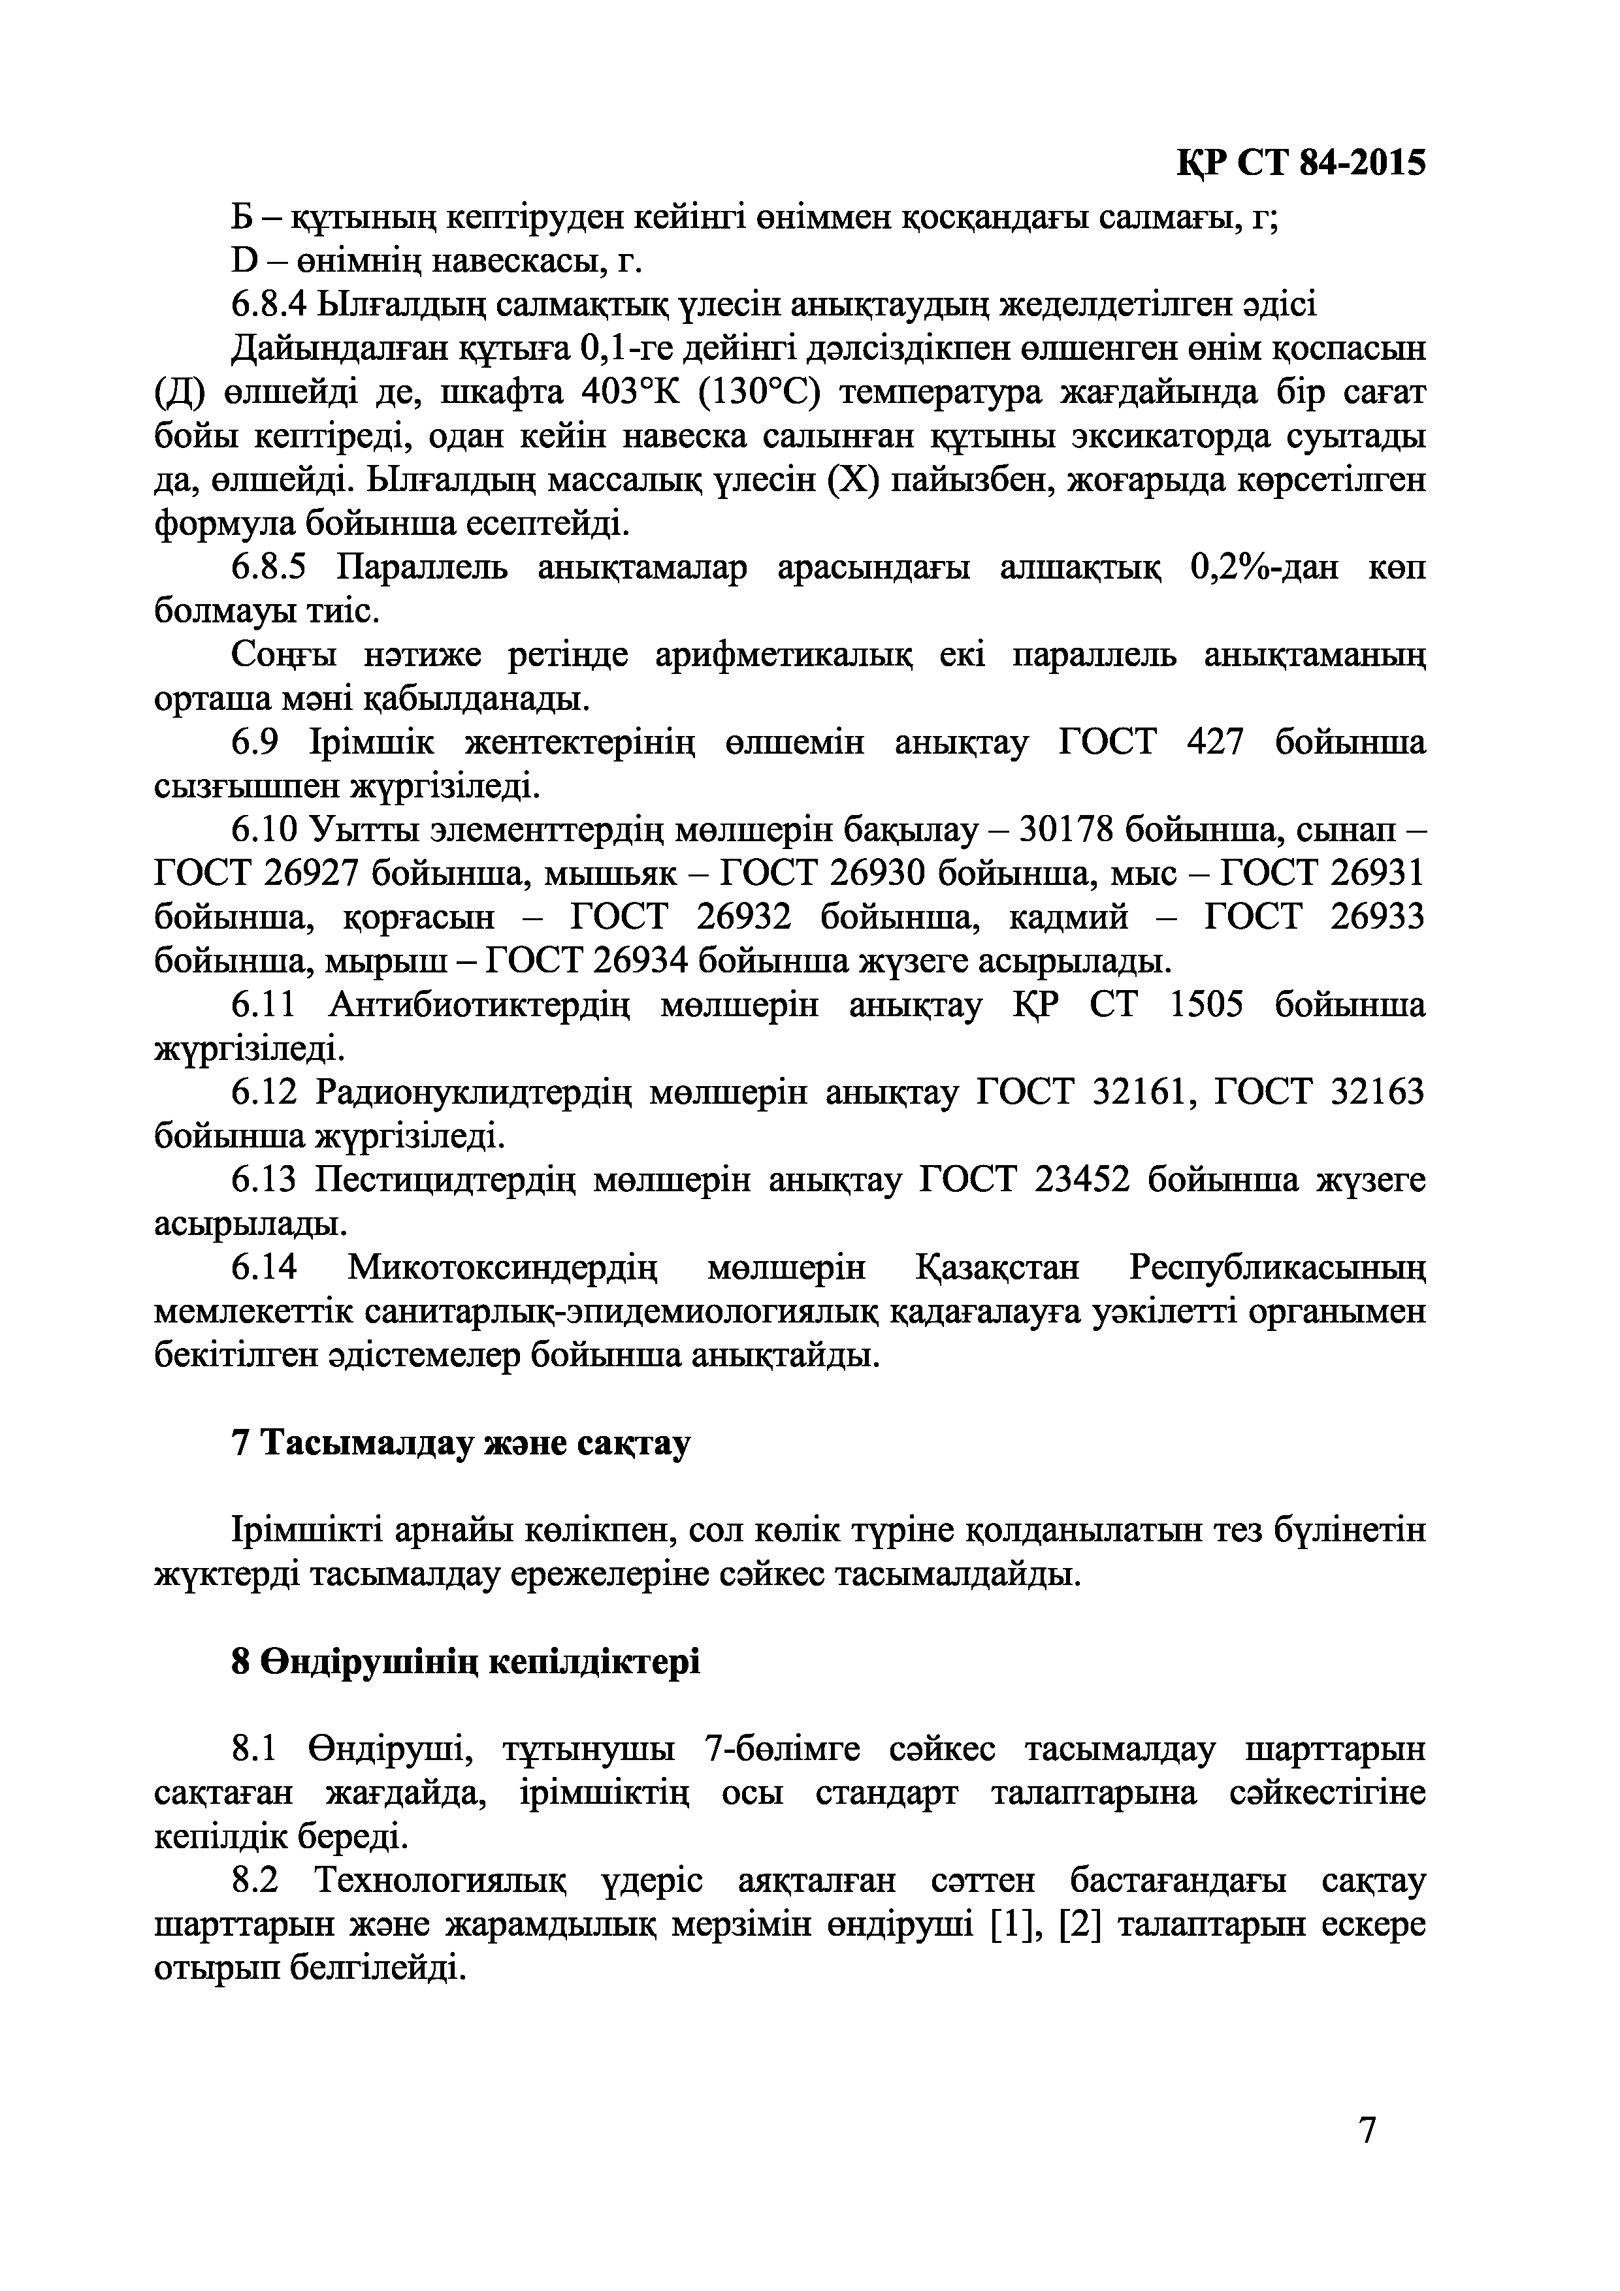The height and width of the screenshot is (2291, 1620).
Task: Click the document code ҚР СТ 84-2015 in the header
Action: [x=1301, y=164]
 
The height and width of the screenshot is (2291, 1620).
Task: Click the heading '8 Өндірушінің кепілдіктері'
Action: [x=465, y=1661]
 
